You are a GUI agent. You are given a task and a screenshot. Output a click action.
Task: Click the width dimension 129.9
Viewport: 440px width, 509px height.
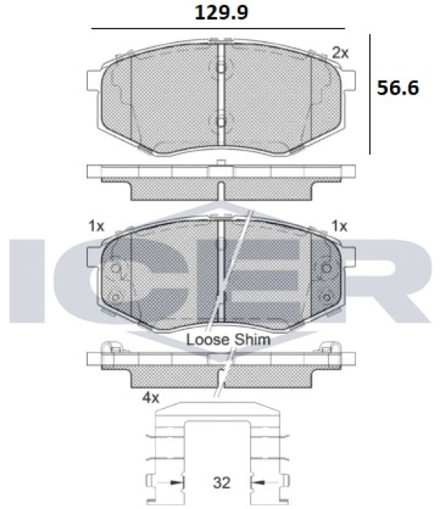pyautogui.click(x=221, y=13)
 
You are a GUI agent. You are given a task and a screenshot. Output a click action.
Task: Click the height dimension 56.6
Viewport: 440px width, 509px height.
pyautogui.click(x=397, y=88)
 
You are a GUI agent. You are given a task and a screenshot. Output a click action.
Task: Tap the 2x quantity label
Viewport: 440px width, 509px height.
pyautogui.click(x=340, y=53)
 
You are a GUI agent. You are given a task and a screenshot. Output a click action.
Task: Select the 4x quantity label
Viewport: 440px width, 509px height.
pyautogui.click(x=150, y=398)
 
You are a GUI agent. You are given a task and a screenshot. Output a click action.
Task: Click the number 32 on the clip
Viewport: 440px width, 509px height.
pyautogui.click(x=221, y=483)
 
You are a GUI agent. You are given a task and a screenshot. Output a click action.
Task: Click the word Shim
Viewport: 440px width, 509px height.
pyautogui.click(x=252, y=340)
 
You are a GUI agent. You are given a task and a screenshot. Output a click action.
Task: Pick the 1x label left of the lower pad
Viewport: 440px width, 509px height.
pyautogui.click(x=96, y=226)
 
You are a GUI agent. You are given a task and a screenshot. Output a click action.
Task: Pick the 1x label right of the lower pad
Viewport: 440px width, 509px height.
pyautogui.click(x=340, y=226)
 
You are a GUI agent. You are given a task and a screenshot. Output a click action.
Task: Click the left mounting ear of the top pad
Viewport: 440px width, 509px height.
pyautogui.click(x=93, y=81)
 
